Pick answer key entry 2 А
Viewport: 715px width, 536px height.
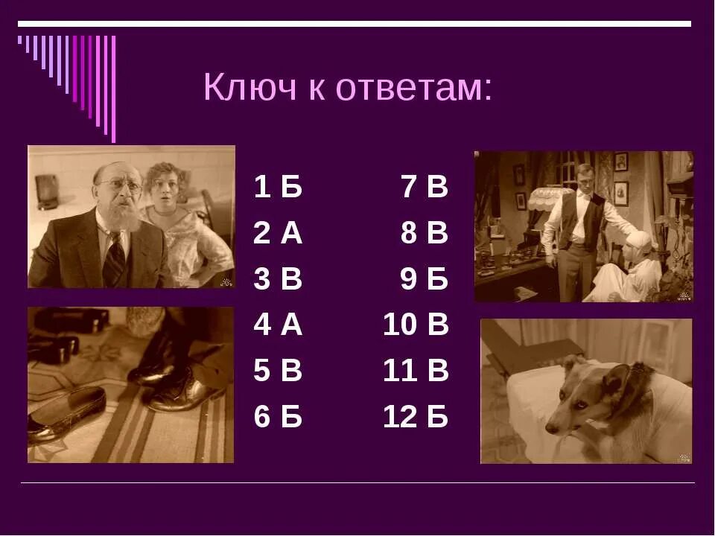point(278,233)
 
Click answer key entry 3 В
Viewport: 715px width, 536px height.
point(278,279)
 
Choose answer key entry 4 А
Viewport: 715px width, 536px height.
point(278,325)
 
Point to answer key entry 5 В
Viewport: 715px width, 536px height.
point(278,371)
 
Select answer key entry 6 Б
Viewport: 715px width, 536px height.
point(278,417)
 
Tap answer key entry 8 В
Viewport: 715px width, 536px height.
point(425,233)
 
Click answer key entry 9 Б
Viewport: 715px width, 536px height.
point(425,279)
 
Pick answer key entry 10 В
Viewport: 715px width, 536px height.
point(416,325)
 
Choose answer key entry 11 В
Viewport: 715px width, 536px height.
point(416,371)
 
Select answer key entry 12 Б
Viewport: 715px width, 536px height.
point(416,417)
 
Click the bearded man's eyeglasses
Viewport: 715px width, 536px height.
point(124,185)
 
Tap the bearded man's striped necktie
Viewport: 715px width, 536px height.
point(115,261)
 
